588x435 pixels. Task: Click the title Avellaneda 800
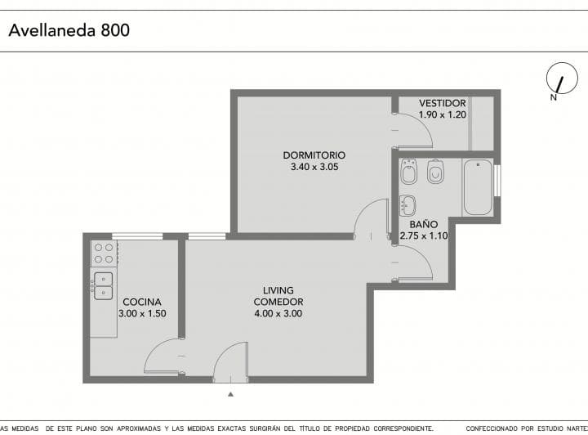coord(69,30)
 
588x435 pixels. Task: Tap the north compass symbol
coord(562,78)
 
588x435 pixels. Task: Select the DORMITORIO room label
coord(314,155)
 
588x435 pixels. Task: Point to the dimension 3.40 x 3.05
coord(314,167)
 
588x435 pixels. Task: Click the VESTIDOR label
coord(443,103)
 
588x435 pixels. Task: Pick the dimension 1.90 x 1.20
coord(443,114)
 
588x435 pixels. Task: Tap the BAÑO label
coord(424,224)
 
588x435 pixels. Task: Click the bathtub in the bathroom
coord(478,187)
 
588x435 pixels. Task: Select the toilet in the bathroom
coord(435,172)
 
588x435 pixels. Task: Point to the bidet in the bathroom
coord(409,172)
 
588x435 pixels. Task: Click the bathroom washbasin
coord(408,206)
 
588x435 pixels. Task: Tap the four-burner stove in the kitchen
coord(105,253)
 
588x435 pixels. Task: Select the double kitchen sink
coord(103,286)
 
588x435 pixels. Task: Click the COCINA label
coord(142,302)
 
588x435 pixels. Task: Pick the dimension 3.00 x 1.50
coord(142,313)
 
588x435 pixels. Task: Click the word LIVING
coord(278,290)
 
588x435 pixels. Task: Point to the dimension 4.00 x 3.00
coord(278,313)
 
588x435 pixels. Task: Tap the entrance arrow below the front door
coord(230,394)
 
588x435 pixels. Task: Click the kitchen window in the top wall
coord(137,236)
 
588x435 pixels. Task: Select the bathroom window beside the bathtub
coord(497,181)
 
